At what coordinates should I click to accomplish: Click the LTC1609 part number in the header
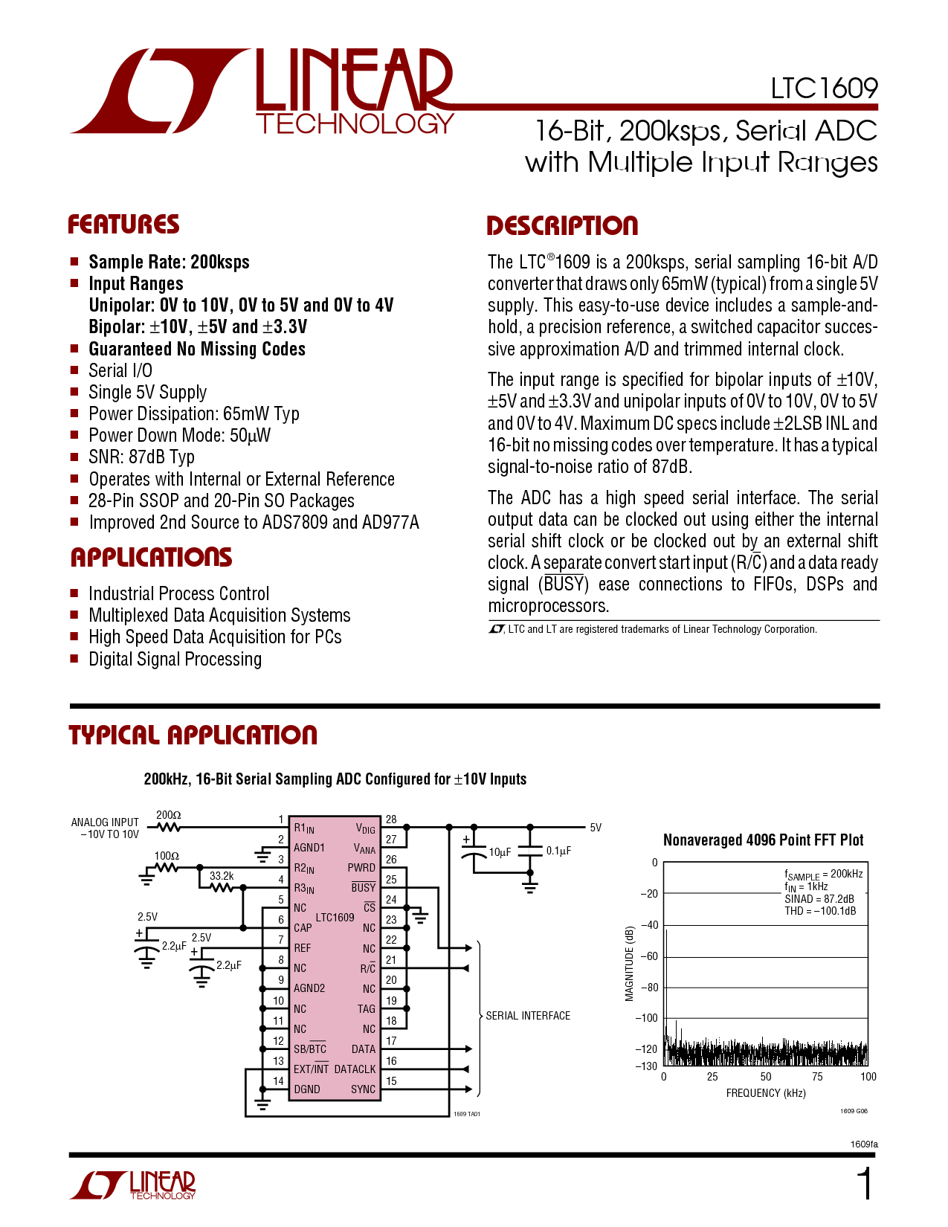[x=824, y=88]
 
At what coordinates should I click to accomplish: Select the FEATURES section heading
[x=123, y=224]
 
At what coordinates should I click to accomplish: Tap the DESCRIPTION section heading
[x=562, y=225]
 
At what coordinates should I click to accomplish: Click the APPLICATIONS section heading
[x=151, y=557]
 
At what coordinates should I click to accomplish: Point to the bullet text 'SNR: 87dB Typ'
[x=142, y=457]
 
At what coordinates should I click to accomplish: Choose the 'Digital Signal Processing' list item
[x=175, y=659]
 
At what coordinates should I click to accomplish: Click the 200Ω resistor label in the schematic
[x=168, y=815]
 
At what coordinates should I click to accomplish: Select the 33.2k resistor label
[x=222, y=876]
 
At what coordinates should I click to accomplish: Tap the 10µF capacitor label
[x=500, y=851]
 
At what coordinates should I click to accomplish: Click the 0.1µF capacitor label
[x=558, y=851]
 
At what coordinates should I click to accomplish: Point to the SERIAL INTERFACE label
[x=528, y=1016]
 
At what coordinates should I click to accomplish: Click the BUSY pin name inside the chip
[x=363, y=888]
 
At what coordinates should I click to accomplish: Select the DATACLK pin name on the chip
[x=355, y=1069]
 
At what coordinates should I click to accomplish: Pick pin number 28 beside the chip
[x=390, y=819]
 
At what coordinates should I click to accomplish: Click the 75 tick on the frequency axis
[x=817, y=1077]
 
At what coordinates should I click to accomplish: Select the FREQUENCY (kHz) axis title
[x=766, y=1093]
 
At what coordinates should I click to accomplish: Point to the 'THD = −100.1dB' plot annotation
[x=820, y=911]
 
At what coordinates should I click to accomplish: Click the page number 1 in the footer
[x=865, y=1184]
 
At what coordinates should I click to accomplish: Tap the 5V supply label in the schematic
[x=596, y=828]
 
